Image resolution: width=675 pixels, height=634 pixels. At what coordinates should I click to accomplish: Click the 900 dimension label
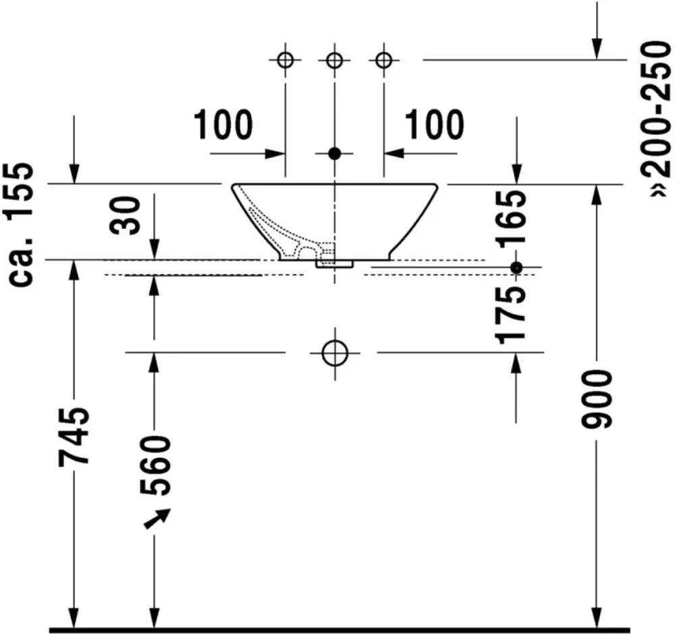pyautogui.click(x=596, y=399)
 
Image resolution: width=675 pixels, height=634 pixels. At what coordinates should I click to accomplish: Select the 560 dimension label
pyautogui.click(x=155, y=465)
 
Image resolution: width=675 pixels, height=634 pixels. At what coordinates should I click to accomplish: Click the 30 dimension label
pyautogui.click(x=125, y=215)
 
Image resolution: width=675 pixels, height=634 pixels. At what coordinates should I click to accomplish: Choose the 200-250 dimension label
pyautogui.click(x=656, y=118)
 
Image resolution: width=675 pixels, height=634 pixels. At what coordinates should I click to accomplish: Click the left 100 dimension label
pyautogui.click(x=223, y=124)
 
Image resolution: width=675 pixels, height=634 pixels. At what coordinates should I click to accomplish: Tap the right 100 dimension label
pyautogui.click(x=434, y=124)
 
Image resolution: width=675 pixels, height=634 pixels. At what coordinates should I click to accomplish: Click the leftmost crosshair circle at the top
pyautogui.click(x=285, y=60)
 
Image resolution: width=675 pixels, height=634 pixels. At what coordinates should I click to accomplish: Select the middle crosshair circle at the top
pyautogui.click(x=335, y=60)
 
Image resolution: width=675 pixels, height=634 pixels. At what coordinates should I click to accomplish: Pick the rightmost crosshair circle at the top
pyautogui.click(x=383, y=60)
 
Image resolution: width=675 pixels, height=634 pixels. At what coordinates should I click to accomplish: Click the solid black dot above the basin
pyautogui.click(x=335, y=153)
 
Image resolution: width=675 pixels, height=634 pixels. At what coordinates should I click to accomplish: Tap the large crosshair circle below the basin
pyautogui.click(x=335, y=353)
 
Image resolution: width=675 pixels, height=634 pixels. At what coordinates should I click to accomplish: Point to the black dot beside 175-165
pyautogui.click(x=516, y=268)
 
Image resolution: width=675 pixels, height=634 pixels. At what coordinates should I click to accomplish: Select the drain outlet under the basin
pyautogui.click(x=335, y=263)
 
